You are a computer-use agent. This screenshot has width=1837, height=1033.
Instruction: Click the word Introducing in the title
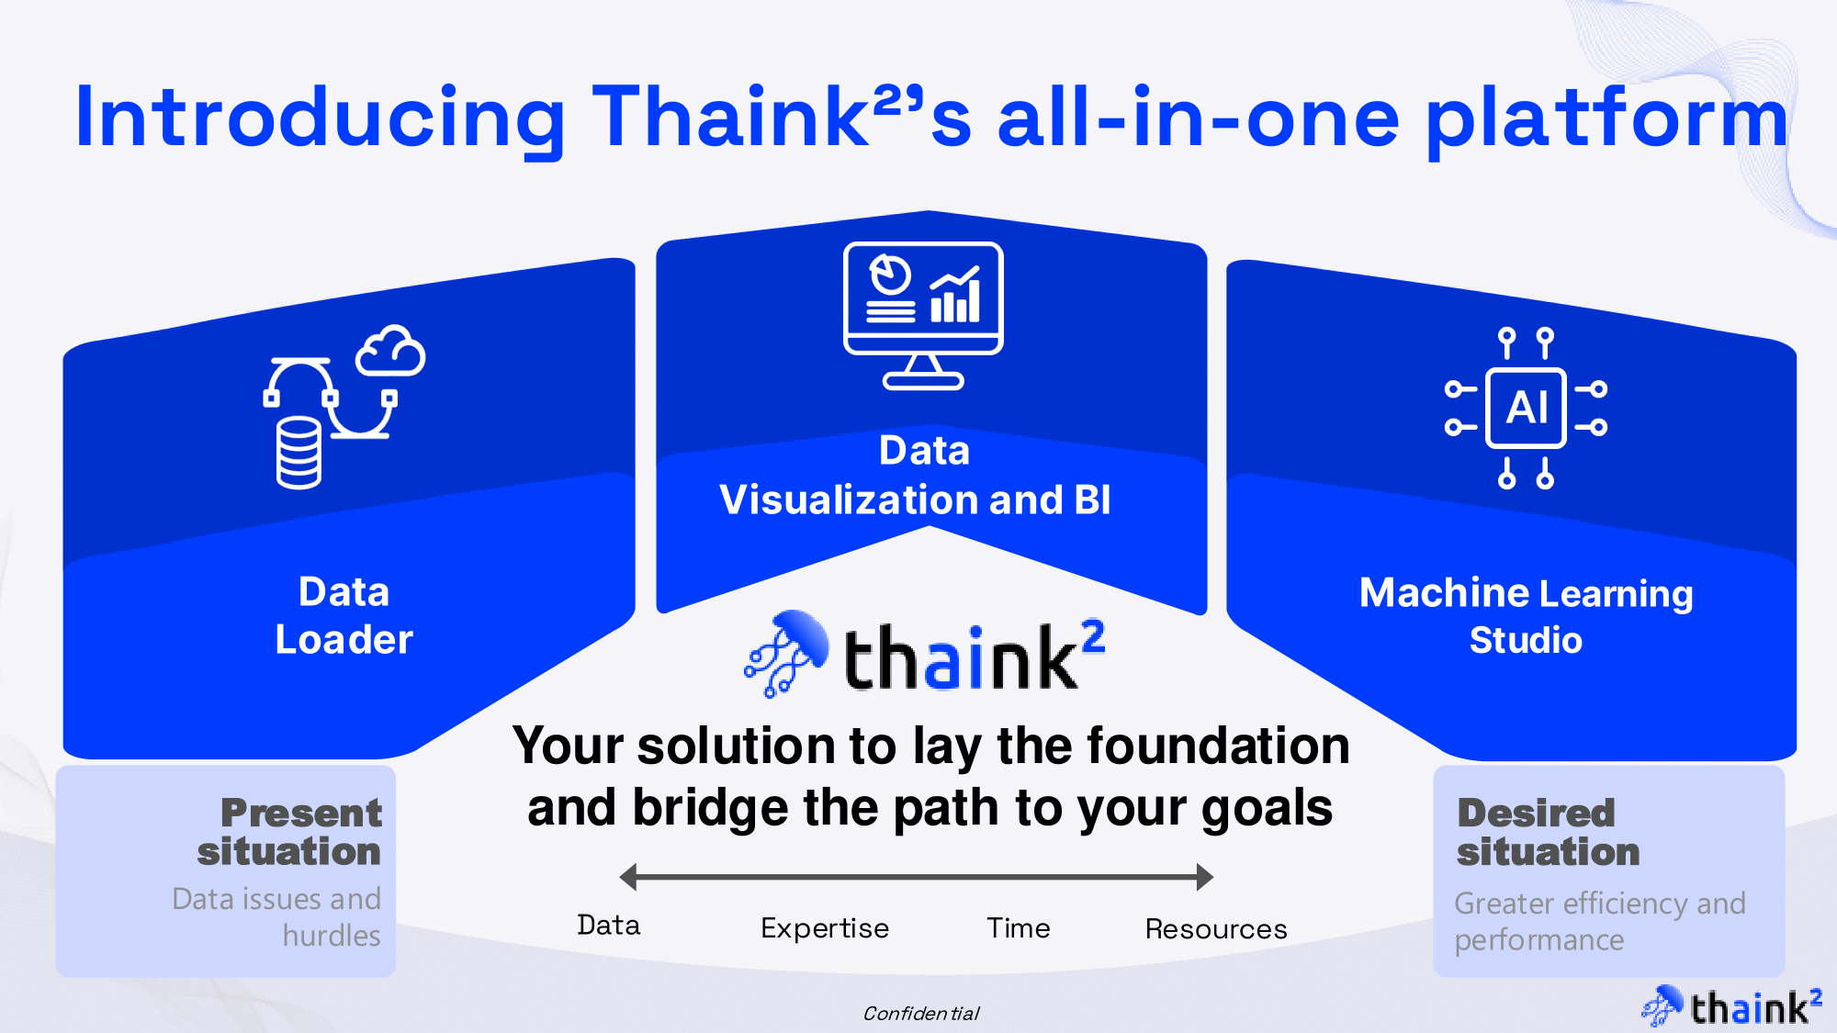click(321, 118)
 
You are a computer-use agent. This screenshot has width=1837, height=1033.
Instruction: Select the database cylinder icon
click(299, 453)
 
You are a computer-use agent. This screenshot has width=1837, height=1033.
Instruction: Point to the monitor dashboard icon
click(923, 315)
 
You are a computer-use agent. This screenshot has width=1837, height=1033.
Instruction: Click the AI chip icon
click(1526, 408)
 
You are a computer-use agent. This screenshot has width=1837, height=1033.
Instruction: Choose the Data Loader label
click(344, 615)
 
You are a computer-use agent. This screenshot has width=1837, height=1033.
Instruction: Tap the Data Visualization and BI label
click(916, 475)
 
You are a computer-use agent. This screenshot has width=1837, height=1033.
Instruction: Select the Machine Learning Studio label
click(1526, 616)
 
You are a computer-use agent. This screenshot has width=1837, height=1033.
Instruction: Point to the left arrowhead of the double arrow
click(628, 877)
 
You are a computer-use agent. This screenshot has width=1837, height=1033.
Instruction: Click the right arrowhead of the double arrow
click(1205, 877)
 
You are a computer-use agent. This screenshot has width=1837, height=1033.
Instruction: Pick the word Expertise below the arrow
click(825, 928)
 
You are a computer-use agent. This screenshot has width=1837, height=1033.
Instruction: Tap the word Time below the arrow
click(1019, 927)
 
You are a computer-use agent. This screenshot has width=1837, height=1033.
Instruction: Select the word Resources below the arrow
click(1216, 928)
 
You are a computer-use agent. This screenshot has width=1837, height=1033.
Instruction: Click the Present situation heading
click(289, 832)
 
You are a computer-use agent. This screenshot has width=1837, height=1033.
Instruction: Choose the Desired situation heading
click(1549, 832)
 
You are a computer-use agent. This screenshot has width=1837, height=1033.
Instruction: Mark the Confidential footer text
click(921, 1013)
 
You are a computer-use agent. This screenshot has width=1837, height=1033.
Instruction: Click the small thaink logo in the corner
click(1731, 1006)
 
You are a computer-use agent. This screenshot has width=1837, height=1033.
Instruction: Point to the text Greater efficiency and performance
click(1600, 921)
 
